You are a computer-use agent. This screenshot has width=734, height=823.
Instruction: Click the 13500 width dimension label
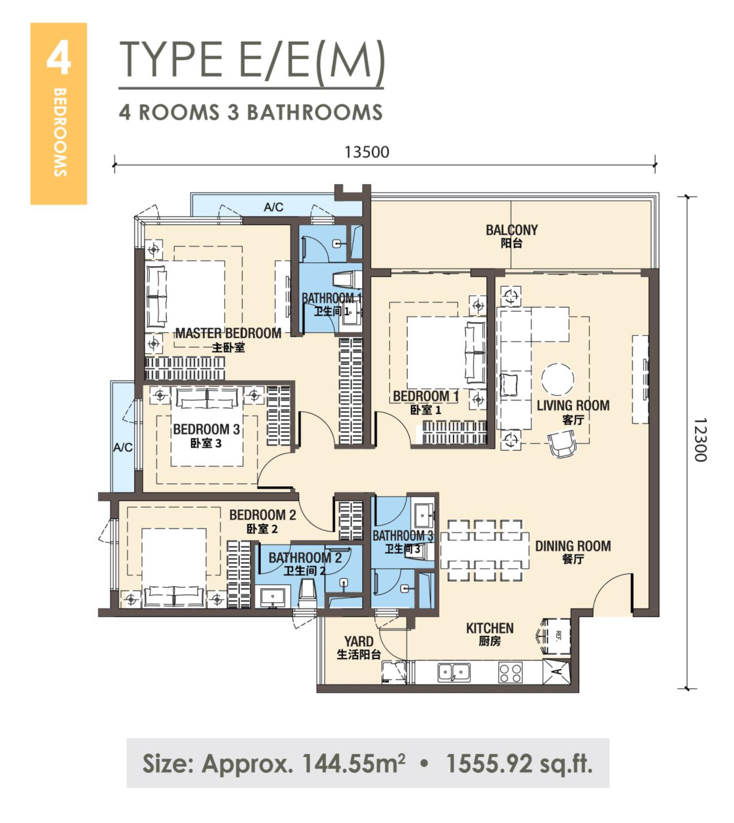pyautogui.click(x=367, y=152)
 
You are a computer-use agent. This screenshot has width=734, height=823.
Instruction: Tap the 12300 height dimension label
pyautogui.click(x=700, y=440)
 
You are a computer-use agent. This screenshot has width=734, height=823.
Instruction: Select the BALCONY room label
pyautogui.click(x=512, y=230)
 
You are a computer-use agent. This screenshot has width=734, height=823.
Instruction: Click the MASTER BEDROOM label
pyautogui.click(x=228, y=333)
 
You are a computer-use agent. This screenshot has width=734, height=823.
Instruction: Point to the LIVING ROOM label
pyautogui.click(x=573, y=405)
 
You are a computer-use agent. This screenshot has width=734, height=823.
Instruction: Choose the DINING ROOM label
pyautogui.click(x=573, y=546)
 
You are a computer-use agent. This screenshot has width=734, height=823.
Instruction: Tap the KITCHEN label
pyautogui.click(x=490, y=628)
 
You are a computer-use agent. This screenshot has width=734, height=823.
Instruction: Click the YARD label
pyautogui.click(x=359, y=641)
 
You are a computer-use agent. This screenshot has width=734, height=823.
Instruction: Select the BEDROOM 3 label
pyautogui.click(x=206, y=429)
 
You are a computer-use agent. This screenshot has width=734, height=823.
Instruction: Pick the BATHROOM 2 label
pyautogui.click(x=305, y=557)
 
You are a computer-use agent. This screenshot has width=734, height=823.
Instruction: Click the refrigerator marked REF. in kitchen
pyautogui.click(x=556, y=636)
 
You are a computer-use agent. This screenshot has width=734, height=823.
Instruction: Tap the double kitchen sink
pyautogui.click(x=454, y=672)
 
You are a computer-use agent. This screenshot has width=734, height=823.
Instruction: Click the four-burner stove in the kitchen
pyautogui.click(x=510, y=672)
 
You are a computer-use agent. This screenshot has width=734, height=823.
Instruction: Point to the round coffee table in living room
pyautogui.click(x=557, y=380)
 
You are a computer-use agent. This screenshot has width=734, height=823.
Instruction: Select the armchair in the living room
pyautogui.click(x=562, y=444)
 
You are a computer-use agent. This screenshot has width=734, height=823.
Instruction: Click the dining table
pyautogui.click(x=485, y=551)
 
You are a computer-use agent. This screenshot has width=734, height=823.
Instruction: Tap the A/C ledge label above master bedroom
pyautogui.click(x=274, y=207)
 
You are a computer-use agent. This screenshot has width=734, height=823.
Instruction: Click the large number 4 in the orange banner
pyautogui.click(x=59, y=57)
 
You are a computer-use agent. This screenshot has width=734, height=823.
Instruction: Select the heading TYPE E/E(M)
pyautogui.click(x=251, y=60)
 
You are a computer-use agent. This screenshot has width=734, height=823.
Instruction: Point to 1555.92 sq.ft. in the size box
pyautogui.click(x=519, y=763)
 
